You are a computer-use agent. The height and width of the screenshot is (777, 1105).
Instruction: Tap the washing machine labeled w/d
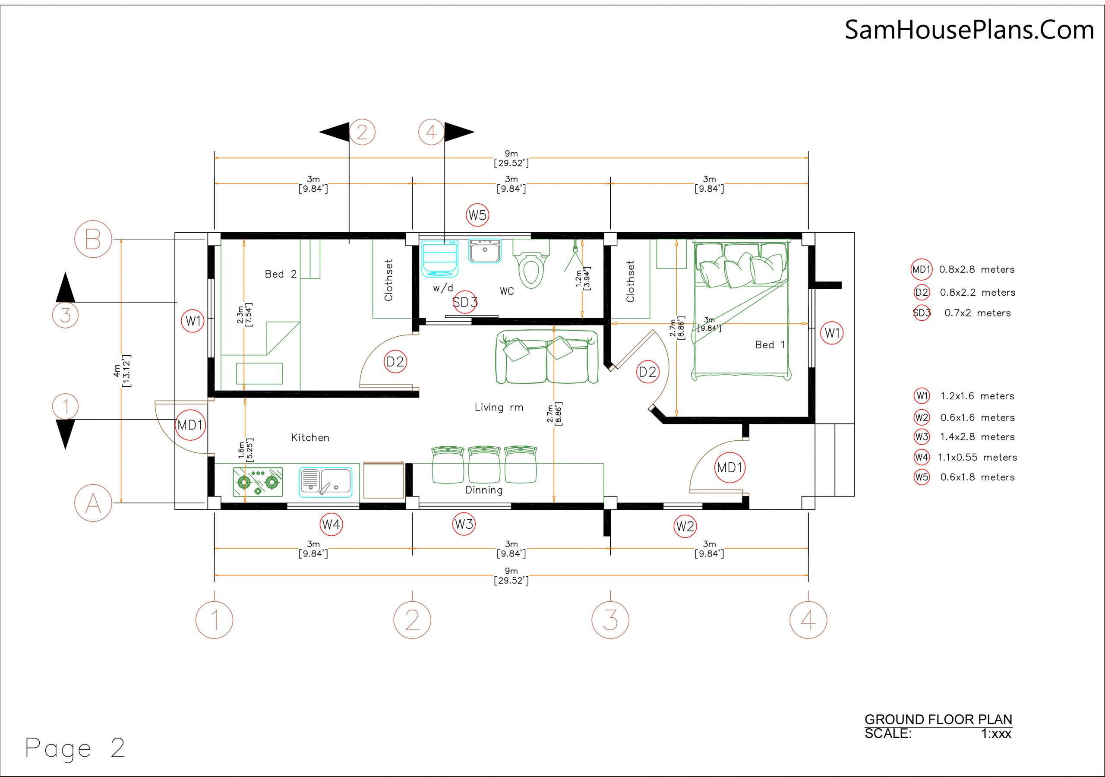tap(440, 259)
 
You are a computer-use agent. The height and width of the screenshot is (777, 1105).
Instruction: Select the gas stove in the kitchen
tap(258, 481)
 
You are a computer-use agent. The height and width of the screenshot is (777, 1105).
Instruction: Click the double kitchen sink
tap(325, 482)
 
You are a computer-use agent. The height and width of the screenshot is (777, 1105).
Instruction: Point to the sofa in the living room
tap(547, 357)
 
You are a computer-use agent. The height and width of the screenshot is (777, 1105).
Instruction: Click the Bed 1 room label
tap(770, 345)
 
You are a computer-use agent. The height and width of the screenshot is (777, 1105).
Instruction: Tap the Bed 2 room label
tap(281, 274)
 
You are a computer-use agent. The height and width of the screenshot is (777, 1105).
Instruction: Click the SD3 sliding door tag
tap(465, 302)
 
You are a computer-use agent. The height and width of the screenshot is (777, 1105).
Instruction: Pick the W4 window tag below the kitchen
tap(331, 524)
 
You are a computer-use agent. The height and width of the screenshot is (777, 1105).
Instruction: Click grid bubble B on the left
tap(93, 239)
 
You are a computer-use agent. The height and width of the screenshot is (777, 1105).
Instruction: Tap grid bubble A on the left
tap(93, 503)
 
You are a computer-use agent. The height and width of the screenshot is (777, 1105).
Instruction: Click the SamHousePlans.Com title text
tap(969, 29)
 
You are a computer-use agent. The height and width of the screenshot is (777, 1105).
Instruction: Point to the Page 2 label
tap(75, 748)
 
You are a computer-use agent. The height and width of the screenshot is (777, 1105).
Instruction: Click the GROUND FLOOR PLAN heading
tap(938, 719)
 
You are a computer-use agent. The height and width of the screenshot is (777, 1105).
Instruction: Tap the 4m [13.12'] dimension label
tap(122, 371)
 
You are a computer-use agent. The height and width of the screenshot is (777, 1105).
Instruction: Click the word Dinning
tap(484, 490)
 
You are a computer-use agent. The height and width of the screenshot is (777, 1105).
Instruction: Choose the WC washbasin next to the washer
tap(485, 251)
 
